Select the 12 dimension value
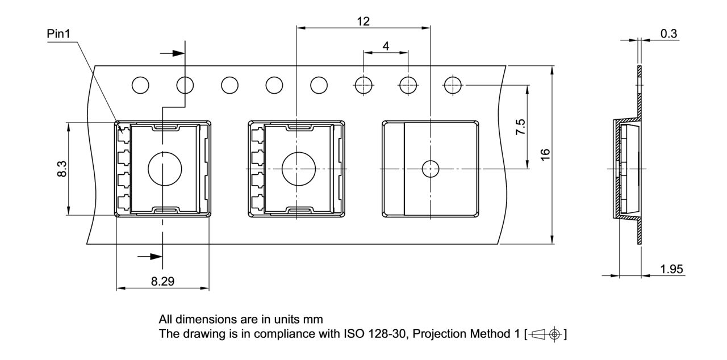(x=363, y=21)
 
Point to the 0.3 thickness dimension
(x=668, y=34)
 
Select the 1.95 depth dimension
(x=672, y=269)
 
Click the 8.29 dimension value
(x=162, y=281)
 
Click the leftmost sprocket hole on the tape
(x=140, y=86)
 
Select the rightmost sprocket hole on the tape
(x=453, y=86)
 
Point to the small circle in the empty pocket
(x=430, y=169)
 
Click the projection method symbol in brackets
(x=546, y=334)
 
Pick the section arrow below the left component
(x=151, y=257)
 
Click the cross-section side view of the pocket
(x=628, y=169)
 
